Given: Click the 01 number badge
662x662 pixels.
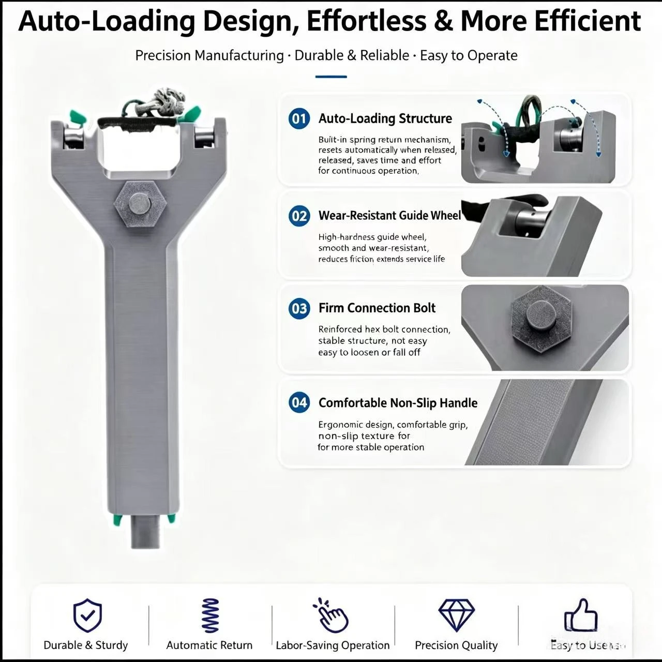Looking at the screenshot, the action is coord(299,118).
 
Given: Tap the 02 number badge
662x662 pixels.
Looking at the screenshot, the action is coord(299,216).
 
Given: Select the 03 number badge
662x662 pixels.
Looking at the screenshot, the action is coord(299,308).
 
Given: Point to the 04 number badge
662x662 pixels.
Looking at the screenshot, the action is coord(299,402).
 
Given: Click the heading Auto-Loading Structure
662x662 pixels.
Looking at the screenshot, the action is coord(385,118).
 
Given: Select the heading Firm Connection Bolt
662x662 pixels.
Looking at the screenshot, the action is coord(377,308).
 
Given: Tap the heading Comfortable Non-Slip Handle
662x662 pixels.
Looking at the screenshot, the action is coord(398,402).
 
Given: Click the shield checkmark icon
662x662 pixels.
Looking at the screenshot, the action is coord(87,615).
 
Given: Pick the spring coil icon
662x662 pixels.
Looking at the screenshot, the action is coord(210,615).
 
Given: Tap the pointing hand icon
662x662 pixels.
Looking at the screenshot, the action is coord(331,615).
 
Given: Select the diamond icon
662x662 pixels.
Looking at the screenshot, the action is coord(456,615).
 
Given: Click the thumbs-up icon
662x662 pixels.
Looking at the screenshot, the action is coord(581,615).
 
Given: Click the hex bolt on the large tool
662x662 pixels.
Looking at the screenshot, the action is coord(140,204).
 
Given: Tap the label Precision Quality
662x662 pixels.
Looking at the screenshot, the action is coord(456,645).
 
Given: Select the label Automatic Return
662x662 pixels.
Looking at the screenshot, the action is coord(209,645).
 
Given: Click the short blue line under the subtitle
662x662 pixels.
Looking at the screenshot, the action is coord(331,77).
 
